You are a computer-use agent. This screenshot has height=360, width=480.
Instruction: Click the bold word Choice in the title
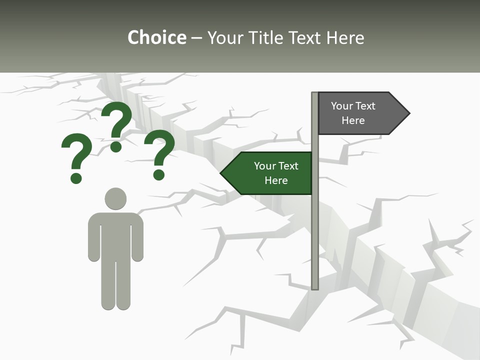point(156,37)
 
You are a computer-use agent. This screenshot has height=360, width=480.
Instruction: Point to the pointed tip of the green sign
point(222,173)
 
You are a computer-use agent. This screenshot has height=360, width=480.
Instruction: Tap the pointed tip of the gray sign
point(408,113)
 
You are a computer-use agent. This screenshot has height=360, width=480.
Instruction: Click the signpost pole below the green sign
point(314,240)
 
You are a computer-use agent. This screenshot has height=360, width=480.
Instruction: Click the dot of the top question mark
point(116,146)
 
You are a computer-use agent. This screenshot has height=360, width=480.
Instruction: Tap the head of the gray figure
point(115,198)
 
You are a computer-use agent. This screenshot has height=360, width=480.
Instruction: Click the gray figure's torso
point(115,235)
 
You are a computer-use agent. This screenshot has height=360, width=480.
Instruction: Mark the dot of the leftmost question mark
point(76,177)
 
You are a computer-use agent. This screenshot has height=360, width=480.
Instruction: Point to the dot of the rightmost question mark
point(159,174)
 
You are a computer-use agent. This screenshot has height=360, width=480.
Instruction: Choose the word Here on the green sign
point(276,180)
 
